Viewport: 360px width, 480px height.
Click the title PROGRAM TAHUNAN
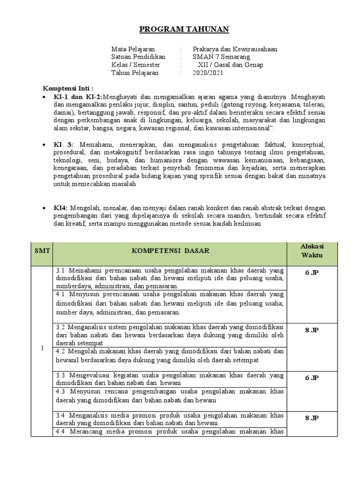184,30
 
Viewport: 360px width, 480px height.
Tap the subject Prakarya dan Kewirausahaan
234,49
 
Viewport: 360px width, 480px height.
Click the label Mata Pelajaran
133,49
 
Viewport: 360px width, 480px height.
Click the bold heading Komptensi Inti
68,89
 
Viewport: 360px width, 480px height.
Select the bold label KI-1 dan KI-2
78,97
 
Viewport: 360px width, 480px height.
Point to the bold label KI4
61,208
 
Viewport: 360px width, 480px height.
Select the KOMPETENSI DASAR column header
171,251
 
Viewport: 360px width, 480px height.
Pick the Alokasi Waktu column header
312,251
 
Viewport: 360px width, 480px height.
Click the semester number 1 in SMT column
42,348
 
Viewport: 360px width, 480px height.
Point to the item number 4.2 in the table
61,351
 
